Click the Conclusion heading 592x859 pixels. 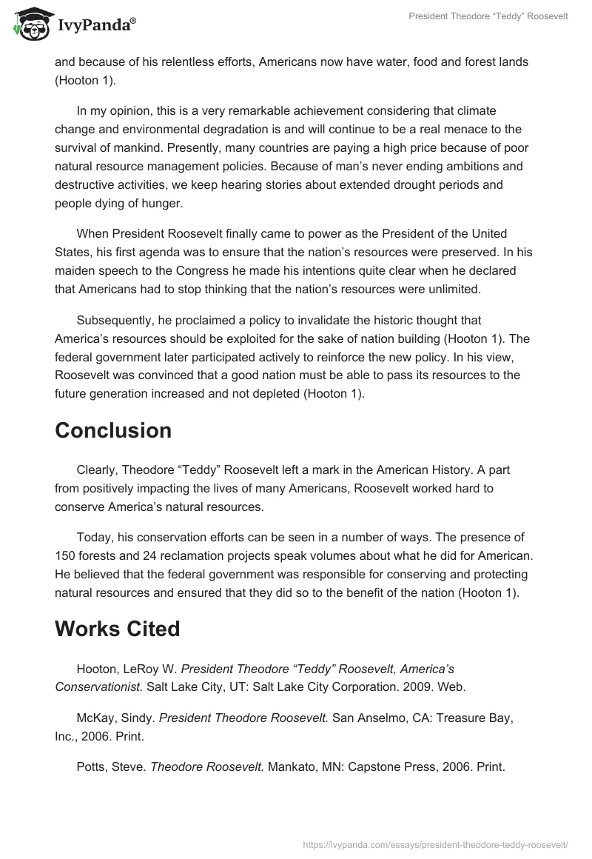pos(113,430)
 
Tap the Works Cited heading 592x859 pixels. pos(117,629)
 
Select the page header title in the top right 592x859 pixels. pos(488,16)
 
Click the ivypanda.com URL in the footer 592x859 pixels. pos(436,843)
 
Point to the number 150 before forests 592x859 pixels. pos(64,555)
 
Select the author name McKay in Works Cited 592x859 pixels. pos(95,718)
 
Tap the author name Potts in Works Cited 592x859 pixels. pos(92,767)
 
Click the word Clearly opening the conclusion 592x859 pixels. pos(97,470)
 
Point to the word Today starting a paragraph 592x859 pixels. pos(94,536)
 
